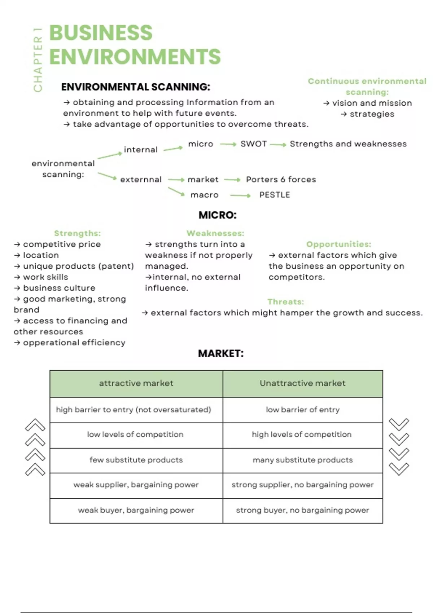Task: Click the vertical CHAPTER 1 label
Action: pyautogui.click(x=38, y=60)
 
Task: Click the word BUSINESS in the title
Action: pyautogui.click(x=101, y=33)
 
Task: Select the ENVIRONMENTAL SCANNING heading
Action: pyautogui.click(x=135, y=87)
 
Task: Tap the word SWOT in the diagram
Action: pyautogui.click(x=254, y=144)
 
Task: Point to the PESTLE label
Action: pyautogui.click(x=275, y=195)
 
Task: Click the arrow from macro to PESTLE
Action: pyautogui.click(x=240, y=195)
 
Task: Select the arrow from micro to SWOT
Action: pyautogui.click(x=228, y=144)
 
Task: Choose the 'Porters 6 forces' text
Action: pyautogui.click(x=281, y=179)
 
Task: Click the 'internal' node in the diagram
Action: pyautogui.click(x=141, y=150)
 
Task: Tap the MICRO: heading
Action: pyautogui.click(x=217, y=215)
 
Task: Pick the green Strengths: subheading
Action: pyautogui.click(x=77, y=233)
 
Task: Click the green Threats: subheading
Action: pyautogui.click(x=285, y=302)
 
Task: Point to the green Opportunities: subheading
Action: pyautogui.click(x=338, y=244)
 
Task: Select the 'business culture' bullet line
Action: pyautogui.click(x=59, y=288)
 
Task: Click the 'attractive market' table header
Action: pyautogui.click(x=136, y=383)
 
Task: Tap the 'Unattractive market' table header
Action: pyautogui.click(x=302, y=383)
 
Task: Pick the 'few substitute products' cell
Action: pyautogui.click(x=136, y=460)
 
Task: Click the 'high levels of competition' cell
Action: pyautogui.click(x=302, y=435)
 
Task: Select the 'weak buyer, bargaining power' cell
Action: pyautogui.click(x=136, y=510)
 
